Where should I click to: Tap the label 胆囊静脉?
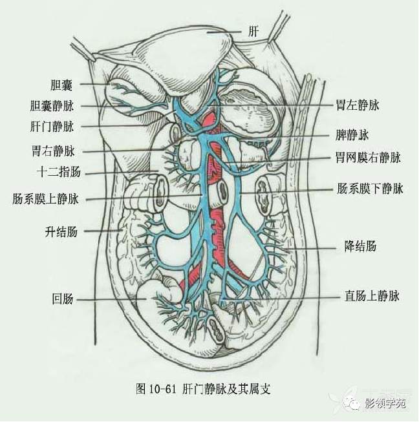point(52,105)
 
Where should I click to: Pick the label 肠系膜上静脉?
point(45,199)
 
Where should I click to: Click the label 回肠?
point(62,299)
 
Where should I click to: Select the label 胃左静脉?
point(357,105)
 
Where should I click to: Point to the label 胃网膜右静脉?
point(368,157)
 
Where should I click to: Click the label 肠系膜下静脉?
point(370,189)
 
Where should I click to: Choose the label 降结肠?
point(361,246)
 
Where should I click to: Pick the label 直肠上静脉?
point(371,297)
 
